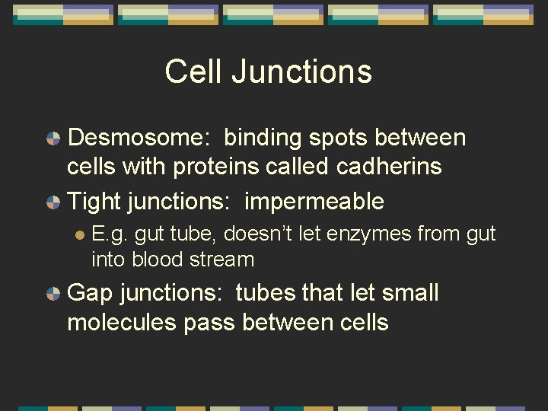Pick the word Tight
point(95,202)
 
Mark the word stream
point(225,259)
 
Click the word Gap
point(91,294)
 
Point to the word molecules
point(122,322)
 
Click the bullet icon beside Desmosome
point(53,139)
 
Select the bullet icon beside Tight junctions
point(53,202)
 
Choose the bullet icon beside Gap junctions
point(53,294)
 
